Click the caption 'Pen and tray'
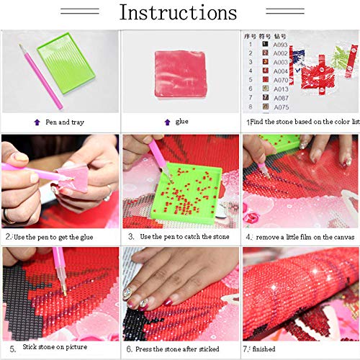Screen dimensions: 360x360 coord(65,122)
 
